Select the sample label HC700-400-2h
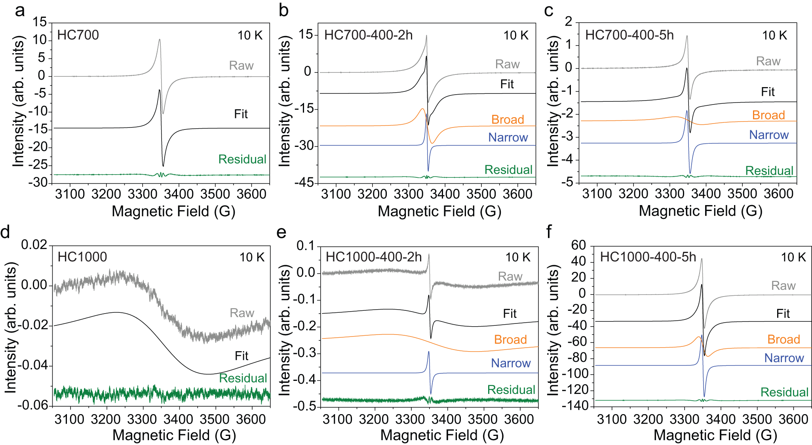368,35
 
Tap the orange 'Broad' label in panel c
768,115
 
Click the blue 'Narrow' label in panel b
508,137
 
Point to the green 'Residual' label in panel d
243,378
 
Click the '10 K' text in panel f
793,257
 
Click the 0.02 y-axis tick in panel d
34,245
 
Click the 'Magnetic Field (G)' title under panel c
700,211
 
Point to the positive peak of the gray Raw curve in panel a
160,39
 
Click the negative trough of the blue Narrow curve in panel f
704,396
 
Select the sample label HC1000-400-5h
648,257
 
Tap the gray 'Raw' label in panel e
510,276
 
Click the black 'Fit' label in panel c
768,92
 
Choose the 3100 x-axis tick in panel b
336,194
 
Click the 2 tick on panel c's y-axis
569,22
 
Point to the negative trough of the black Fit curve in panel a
163,165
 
